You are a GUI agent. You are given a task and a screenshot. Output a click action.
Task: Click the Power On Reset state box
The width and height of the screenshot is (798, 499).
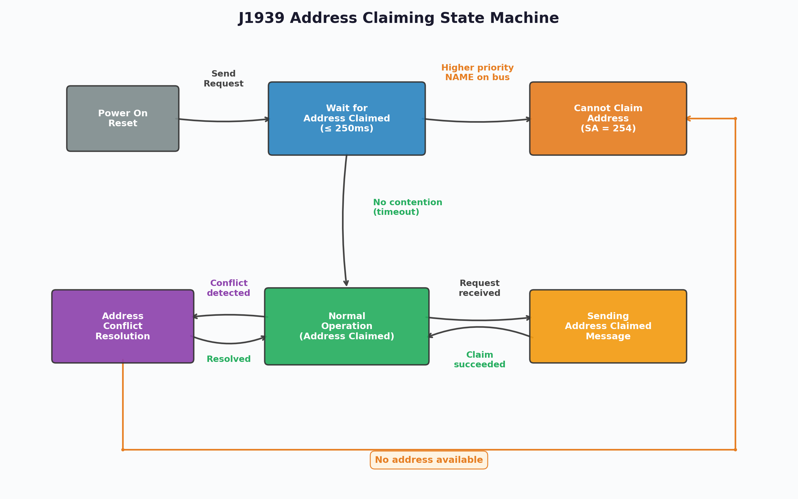tap(122, 118)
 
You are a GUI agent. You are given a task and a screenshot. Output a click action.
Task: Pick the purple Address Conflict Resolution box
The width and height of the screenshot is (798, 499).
tap(122, 326)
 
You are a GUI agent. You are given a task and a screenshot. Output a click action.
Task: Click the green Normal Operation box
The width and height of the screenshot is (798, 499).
tap(347, 326)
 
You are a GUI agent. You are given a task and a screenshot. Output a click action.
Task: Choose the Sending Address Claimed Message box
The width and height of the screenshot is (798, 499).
tap(608, 326)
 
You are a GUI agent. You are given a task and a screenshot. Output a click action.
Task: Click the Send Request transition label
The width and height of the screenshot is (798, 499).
tap(223, 79)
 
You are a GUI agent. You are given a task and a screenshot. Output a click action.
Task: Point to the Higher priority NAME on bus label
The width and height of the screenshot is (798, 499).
tap(477, 72)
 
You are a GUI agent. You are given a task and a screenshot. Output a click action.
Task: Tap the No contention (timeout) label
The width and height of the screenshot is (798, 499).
tap(407, 207)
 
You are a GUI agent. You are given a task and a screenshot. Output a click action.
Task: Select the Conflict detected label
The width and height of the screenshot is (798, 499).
tap(229, 288)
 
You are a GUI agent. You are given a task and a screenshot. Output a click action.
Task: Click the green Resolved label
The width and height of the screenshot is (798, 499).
tap(229, 359)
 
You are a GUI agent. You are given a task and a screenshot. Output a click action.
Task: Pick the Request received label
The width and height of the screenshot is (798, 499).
tap(479, 288)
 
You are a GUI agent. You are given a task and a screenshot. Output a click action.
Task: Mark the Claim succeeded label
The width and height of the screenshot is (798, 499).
tap(479, 360)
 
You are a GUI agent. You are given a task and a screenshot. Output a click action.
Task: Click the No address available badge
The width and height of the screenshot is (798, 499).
tap(429, 460)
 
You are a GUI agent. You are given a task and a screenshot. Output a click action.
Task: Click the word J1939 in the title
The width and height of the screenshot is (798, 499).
tap(261, 18)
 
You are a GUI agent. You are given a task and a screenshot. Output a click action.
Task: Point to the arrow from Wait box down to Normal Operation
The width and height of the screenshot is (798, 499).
tap(343, 221)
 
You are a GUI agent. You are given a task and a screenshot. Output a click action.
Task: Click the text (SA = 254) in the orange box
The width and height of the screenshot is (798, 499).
tap(608, 128)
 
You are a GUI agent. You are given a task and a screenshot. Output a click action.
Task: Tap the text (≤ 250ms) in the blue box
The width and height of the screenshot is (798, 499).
tap(347, 128)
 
